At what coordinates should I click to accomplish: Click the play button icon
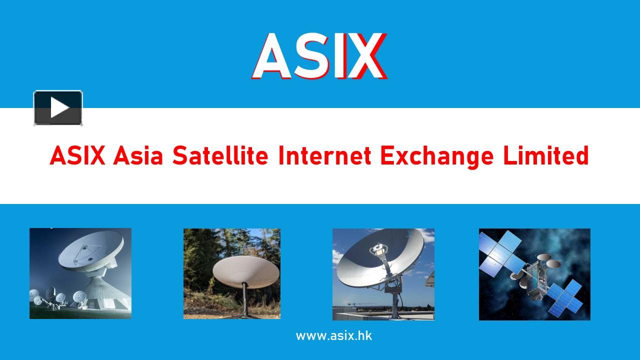(58, 107)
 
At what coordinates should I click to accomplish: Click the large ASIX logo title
(319, 56)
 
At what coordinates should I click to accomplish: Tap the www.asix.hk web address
(333, 335)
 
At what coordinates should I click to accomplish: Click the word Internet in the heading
(324, 156)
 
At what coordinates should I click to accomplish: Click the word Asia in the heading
(138, 156)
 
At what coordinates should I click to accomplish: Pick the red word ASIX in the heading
(77, 156)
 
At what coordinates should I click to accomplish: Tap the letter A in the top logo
(272, 56)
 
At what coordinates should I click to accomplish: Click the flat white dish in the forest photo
(245, 270)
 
